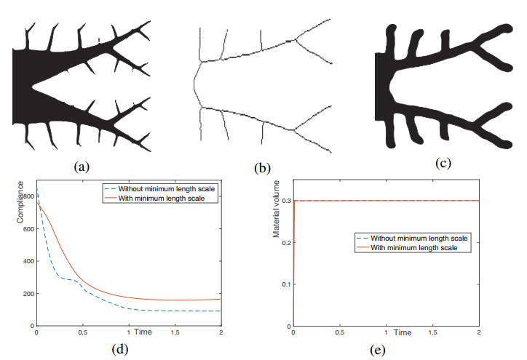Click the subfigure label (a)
pyautogui.click(x=82, y=166)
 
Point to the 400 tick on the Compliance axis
pyautogui.click(x=28, y=261)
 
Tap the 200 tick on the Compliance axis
pyautogui.click(x=28, y=293)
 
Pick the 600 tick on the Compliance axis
pyautogui.click(x=28, y=229)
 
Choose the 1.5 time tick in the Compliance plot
pyautogui.click(x=175, y=332)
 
